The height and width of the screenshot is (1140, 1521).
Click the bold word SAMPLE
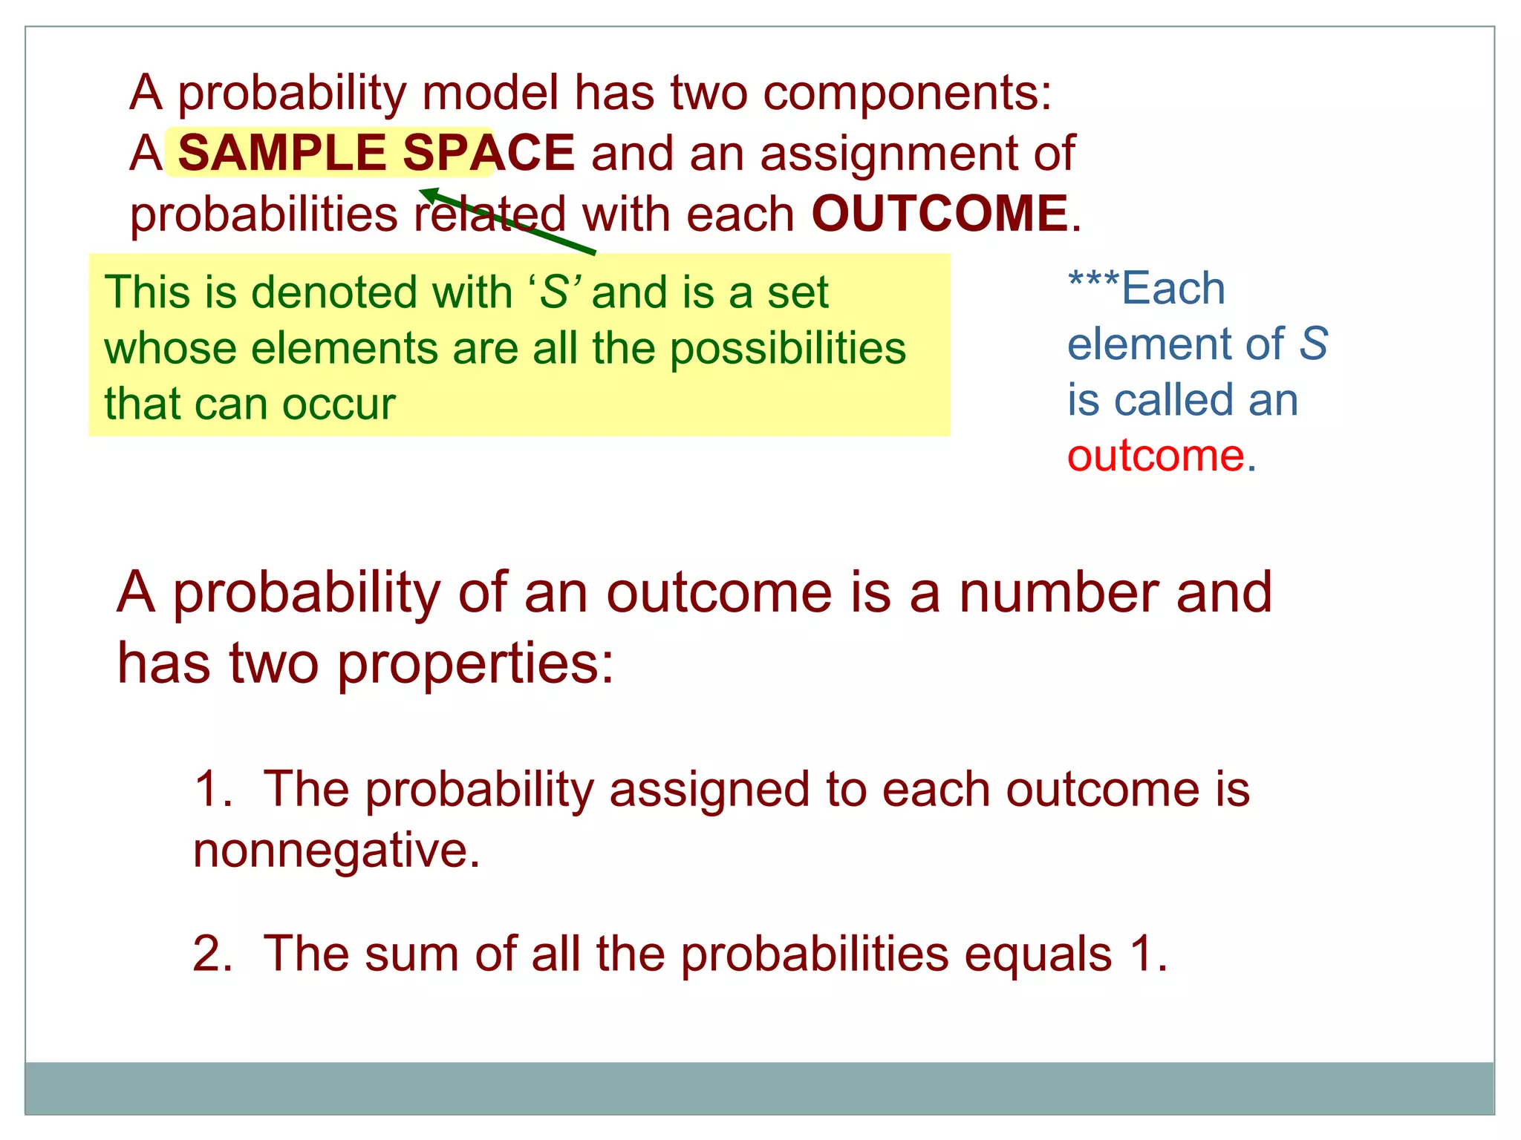tap(281, 153)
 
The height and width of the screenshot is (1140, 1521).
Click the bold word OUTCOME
tap(939, 214)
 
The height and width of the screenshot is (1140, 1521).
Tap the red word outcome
tap(1156, 456)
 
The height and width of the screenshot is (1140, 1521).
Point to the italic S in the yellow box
tap(553, 292)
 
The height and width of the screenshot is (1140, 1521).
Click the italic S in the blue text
tap(1313, 344)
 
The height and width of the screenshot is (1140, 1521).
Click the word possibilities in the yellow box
tap(788, 349)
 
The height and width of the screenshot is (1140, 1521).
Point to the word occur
tap(338, 405)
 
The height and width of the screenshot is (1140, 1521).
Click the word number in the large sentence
tap(1058, 593)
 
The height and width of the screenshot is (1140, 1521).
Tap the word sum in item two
tap(411, 954)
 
